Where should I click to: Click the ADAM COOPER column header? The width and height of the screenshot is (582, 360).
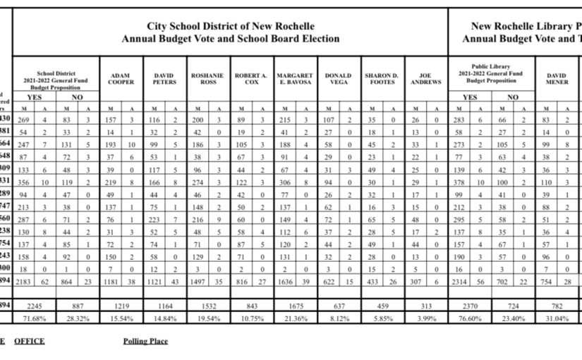[x=121, y=78]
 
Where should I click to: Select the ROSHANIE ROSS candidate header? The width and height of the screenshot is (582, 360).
[x=208, y=78]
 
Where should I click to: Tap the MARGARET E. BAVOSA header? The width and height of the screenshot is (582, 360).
[x=295, y=78]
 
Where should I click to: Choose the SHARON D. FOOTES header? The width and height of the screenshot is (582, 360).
[x=382, y=78]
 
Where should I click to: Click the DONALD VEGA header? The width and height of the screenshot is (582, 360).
[x=339, y=78]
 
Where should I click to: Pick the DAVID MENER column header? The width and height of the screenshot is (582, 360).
[x=557, y=78]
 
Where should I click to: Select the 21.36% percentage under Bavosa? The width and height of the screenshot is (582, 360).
[x=295, y=318]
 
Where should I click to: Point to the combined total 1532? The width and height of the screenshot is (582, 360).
[x=208, y=306]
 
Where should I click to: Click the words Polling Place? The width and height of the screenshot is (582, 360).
[x=145, y=341]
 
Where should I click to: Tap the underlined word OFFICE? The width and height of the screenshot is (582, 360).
[x=29, y=341]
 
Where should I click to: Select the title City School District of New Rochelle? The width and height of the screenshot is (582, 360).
[x=230, y=25]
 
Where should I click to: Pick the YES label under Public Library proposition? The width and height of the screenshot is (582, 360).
[x=470, y=97]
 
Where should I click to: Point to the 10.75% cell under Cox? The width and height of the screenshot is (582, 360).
[x=251, y=318]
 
